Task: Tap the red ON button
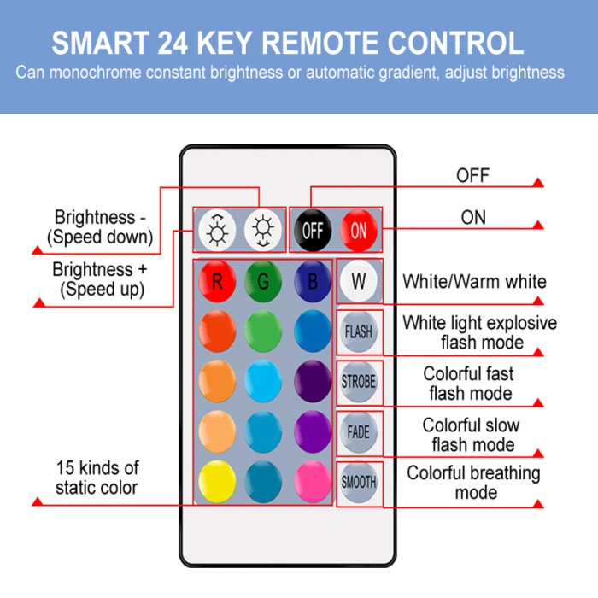click(x=359, y=230)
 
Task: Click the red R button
click(x=217, y=281)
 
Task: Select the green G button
click(x=263, y=281)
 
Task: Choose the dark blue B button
click(x=313, y=281)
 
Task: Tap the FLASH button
click(x=359, y=331)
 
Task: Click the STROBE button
click(x=359, y=381)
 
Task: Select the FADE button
click(x=359, y=431)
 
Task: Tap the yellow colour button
click(x=217, y=481)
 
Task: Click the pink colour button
click(x=313, y=481)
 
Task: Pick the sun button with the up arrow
click(x=217, y=230)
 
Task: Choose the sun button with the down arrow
click(x=263, y=230)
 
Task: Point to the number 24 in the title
click(x=173, y=43)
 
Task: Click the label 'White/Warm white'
click(x=474, y=282)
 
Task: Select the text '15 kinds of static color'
click(x=97, y=478)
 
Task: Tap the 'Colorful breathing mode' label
click(x=473, y=483)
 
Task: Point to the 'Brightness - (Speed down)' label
click(x=100, y=227)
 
